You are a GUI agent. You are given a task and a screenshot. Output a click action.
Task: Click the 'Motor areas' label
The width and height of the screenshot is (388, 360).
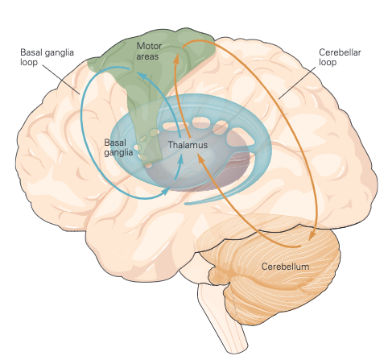149,52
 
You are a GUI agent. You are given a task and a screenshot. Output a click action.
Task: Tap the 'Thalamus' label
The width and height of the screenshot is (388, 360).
188,145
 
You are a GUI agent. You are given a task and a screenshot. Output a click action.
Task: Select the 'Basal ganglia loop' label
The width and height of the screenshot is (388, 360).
47,57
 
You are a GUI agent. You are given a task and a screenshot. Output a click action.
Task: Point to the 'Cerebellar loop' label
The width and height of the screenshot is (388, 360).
340,57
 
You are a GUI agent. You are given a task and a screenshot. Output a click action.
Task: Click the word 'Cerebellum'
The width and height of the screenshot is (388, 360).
285,267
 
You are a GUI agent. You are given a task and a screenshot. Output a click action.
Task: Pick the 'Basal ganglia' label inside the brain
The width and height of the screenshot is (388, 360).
118,147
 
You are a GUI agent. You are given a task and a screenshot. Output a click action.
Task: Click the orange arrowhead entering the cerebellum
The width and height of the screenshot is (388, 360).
312,235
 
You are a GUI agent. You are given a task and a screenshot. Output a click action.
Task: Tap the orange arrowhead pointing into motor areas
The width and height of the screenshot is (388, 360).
176,59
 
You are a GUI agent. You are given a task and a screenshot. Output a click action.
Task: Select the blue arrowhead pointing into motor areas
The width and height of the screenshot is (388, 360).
142,77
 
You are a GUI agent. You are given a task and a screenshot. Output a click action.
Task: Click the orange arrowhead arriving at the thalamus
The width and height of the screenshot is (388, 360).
200,158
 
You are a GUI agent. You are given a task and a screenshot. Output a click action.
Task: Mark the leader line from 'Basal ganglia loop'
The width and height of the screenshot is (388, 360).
61,80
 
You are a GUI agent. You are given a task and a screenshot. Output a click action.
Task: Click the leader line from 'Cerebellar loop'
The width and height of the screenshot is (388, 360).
297,83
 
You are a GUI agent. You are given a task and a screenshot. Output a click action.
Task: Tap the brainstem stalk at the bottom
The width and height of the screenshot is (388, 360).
223,320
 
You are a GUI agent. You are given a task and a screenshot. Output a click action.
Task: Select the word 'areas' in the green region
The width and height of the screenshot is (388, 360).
147,56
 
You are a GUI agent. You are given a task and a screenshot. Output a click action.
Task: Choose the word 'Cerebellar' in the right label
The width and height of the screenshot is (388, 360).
340,52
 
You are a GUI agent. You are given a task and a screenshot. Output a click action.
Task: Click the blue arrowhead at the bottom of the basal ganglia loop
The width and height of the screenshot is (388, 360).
167,191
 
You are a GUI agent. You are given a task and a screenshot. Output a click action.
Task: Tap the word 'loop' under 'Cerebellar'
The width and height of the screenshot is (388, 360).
328,62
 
